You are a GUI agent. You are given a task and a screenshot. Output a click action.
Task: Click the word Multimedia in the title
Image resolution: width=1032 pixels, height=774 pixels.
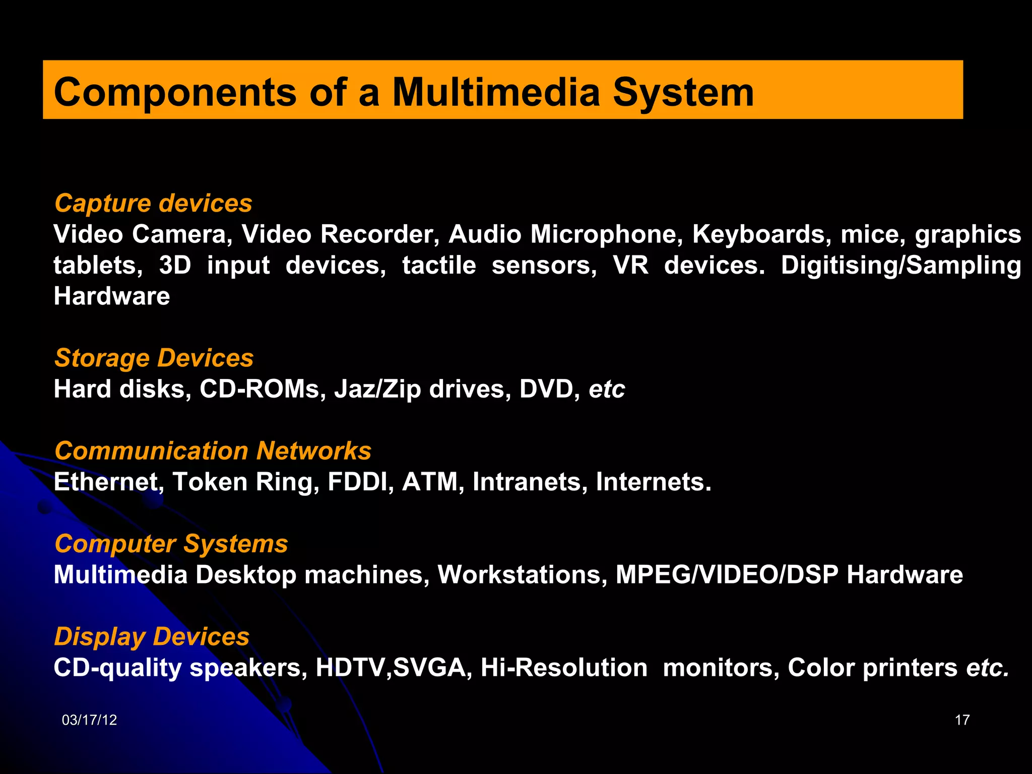(496, 92)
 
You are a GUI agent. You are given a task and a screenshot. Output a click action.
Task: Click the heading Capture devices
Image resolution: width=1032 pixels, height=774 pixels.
(153, 203)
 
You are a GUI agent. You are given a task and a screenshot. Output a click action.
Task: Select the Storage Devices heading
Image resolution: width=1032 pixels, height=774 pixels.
(154, 358)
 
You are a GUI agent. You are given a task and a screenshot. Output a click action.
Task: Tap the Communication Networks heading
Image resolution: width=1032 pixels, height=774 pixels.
(213, 450)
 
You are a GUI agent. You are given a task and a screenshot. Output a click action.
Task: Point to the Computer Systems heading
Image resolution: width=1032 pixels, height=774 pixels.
(171, 544)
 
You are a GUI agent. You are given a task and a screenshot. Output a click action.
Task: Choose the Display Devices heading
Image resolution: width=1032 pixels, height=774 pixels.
(152, 636)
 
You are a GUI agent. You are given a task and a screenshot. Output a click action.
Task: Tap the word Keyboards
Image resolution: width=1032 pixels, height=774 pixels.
(761, 234)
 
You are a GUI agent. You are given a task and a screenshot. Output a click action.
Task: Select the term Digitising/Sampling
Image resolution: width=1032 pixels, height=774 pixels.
(901, 266)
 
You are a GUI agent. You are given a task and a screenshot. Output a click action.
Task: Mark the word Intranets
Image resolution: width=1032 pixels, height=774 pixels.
(530, 482)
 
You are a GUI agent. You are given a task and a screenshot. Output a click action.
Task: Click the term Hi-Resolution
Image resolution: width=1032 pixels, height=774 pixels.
(564, 668)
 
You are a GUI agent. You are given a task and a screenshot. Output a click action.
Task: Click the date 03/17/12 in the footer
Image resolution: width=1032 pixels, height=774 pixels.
(89, 720)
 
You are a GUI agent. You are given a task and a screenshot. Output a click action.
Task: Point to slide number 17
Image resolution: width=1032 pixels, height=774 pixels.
(962, 720)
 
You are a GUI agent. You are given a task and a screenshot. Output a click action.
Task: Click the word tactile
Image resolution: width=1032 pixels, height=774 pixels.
(439, 266)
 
